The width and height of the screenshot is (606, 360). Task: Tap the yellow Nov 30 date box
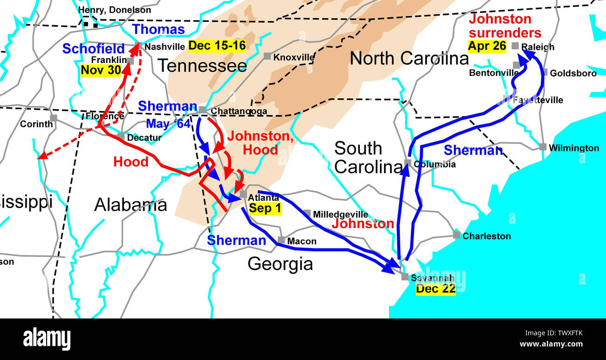(x=101, y=70)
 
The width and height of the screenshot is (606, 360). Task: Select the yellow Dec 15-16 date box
(x=217, y=46)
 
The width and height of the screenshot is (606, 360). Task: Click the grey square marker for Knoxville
(x=267, y=56)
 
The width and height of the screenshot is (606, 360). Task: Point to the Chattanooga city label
(x=239, y=111)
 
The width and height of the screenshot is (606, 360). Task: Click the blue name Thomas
(x=158, y=29)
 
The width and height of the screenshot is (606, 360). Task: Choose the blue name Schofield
(x=93, y=48)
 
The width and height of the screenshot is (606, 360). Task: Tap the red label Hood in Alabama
(x=131, y=162)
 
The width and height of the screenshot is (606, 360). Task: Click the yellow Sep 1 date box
(x=265, y=208)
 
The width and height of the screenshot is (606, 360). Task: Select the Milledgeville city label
(x=340, y=215)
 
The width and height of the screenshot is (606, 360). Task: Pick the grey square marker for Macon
(x=282, y=240)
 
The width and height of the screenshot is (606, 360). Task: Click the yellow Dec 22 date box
(x=435, y=289)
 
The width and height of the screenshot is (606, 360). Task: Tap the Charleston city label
(x=486, y=236)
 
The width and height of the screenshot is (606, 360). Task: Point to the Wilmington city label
(x=574, y=148)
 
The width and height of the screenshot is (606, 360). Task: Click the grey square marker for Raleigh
(x=515, y=46)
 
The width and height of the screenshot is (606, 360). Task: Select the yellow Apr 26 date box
(x=487, y=46)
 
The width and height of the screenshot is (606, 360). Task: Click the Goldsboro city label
(x=573, y=73)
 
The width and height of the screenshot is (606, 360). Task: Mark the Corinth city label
(x=36, y=124)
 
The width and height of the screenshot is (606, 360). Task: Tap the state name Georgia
(x=280, y=264)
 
